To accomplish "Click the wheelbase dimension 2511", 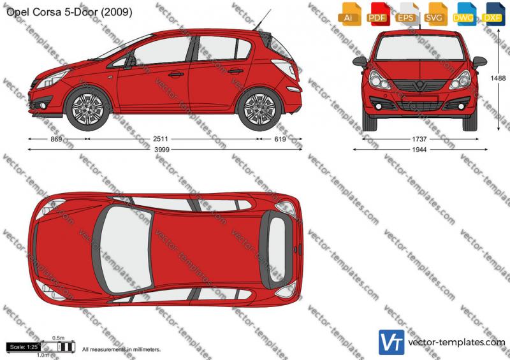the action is pyautogui.click(x=161, y=139).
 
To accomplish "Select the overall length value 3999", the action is pyautogui.click(x=162, y=150).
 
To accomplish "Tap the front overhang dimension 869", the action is pyautogui.click(x=57, y=139).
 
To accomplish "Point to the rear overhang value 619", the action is pyautogui.click(x=280, y=139).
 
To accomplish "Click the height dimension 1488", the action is pyautogui.click(x=498, y=78).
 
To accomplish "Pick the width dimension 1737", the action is pyautogui.click(x=419, y=139).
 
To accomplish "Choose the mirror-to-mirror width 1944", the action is pyautogui.click(x=419, y=150).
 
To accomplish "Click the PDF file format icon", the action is pyautogui.click(x=377, y=13).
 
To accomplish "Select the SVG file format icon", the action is pyautogui.click(x=434, y=13).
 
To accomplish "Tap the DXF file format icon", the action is pyautogui.click(x=492, y=13).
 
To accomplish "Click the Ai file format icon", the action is pyautogui.click(x=349, y=13).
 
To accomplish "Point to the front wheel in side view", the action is pyautogui.click(x=87, y=108).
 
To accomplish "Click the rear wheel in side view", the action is pyautogui.click(x=259, y=108).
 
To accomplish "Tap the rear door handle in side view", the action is pyautogui.click(x=235, y=71).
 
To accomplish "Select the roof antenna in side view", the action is pyautogui.click(x=263, y=20).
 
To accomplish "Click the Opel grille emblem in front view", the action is pyautogui.click(x=420, y=84).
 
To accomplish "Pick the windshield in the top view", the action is pyautogui.click(x=126, y=249).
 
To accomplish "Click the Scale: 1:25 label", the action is pyautogui.click(x=24, y=347).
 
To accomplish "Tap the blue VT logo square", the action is pyautogui.click(x=391, y=342).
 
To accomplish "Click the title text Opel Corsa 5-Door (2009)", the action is pyautogui.click(x=69, y=12).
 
